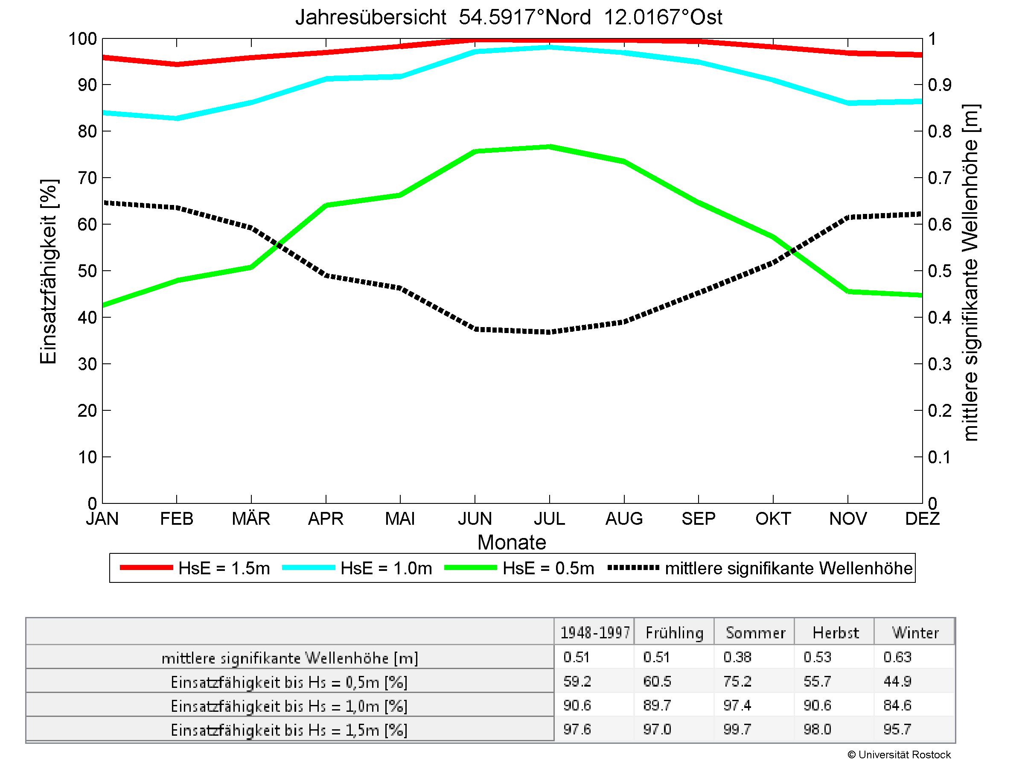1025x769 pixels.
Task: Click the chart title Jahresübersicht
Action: click(x=508, y=18)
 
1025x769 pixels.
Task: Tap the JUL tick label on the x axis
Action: click(x=549, y=518)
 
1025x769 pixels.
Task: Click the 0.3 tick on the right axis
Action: click(x=939, y=364)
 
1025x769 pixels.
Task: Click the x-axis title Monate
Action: click(x=512, y=542)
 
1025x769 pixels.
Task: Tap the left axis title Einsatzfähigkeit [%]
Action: click(x=49, y=271)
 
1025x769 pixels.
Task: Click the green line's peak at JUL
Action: click(x=549, y=147)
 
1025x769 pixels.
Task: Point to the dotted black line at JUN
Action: click(x=475, y=330)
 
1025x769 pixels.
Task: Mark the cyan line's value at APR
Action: click(x=326, y=79)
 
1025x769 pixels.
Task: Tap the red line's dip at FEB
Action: click(x=177, y=64)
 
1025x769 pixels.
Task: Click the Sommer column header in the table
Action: click(x=755, y=633)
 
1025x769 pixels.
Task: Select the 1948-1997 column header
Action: click(x=595, y=633)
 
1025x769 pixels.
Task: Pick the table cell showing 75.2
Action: click(x=737, y=681)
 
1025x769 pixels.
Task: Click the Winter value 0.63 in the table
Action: click(x=897, y=657)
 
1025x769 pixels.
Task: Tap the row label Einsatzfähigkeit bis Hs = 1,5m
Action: click(x=289, y=730)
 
